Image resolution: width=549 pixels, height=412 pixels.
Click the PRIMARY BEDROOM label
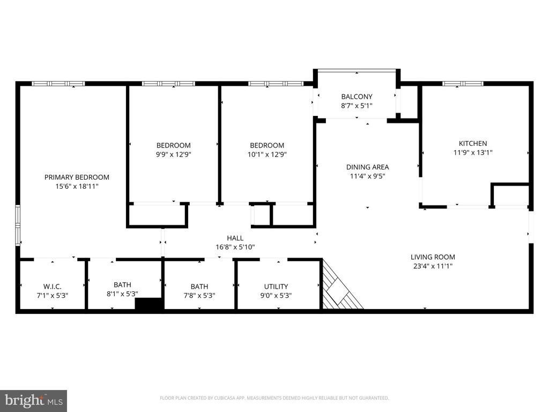click(77, 177)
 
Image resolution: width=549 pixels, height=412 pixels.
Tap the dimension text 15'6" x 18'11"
click(77, 186)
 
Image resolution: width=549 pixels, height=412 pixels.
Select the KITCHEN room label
click(472, 143)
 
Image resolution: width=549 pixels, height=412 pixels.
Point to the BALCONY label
click(357, 97)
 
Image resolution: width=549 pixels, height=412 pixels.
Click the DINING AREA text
click(367, 167)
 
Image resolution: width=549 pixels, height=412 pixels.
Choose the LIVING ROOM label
click(433, 257)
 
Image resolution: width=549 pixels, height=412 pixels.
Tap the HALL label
click(235, 238)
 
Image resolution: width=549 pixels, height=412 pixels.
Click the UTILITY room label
click(276, 286)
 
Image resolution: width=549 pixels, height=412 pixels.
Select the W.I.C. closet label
click(52, 286)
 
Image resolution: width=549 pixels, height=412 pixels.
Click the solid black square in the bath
click(149, 304)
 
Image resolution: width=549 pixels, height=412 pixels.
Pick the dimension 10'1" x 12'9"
click(267, 154)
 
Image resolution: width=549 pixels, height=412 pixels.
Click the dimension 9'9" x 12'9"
click(173, 154)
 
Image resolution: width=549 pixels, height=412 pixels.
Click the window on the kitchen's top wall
click(462, 84)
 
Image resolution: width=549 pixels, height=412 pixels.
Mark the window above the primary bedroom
click(58, 84)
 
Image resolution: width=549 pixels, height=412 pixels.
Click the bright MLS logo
click(33, 400)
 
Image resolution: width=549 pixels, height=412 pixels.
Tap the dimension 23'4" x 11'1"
click(433, 266)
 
